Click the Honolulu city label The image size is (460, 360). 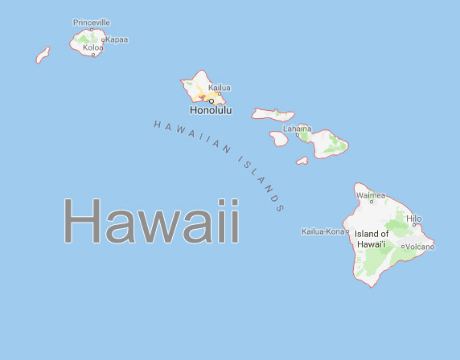pos(210,110)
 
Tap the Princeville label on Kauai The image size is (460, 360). pos(91,22)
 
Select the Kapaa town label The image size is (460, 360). pos(117,39)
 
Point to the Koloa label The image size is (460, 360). pos(92,48)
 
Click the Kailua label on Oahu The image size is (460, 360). pos(219,88)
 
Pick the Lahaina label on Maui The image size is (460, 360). pos(297,128)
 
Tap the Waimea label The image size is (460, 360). pos(371,195)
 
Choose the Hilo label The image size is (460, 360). pos(414,218)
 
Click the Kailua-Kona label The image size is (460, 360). pos(322,231)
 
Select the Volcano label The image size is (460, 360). pos(420,247)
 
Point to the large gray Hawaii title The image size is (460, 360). pos(151,222)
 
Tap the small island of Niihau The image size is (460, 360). pos(43,55)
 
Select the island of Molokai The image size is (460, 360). pos(272,114)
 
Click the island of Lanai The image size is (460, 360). pos(279,139)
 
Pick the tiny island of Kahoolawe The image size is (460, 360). pos(302,161)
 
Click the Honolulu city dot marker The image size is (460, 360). pos(211,101)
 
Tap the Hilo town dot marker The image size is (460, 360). pos(414,225)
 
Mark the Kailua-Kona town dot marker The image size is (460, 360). pos(347,231)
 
